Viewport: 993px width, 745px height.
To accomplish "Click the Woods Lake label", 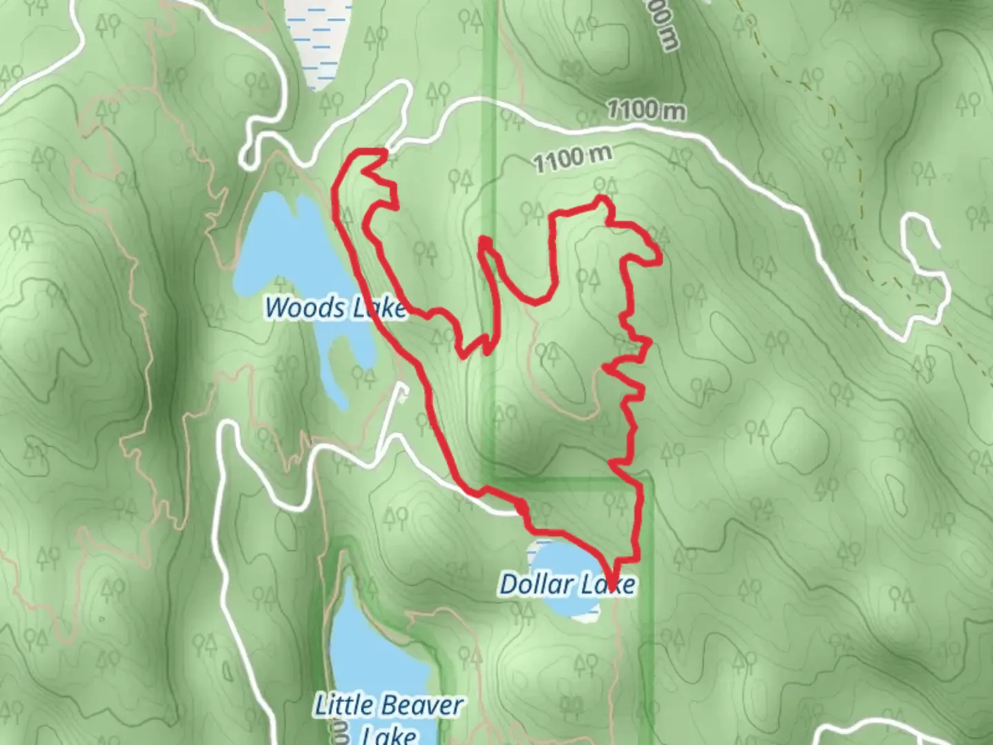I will point(336,308).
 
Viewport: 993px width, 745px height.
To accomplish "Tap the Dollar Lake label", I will point(567,585).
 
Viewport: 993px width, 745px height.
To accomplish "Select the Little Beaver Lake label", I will point(388,717).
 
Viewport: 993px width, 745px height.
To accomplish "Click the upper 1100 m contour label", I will point(646,110).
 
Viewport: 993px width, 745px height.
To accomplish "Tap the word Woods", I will point(297,307).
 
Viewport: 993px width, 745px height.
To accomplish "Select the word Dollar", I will point(527,584).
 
